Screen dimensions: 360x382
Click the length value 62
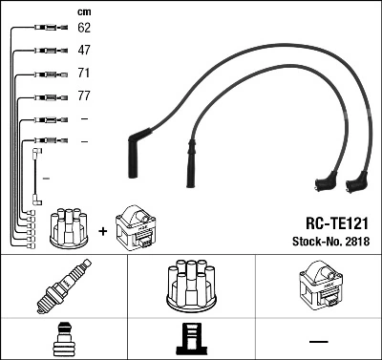pos(84,29)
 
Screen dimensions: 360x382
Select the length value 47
pos(84,51)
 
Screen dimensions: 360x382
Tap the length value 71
pos(84,74)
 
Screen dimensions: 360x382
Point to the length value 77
pos(84,96)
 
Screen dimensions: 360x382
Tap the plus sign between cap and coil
pos(101,229)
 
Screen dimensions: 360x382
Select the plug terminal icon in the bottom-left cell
pos(63,338)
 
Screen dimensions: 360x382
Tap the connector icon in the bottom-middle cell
pos(190,339)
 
